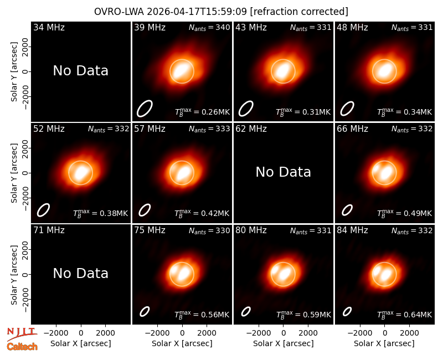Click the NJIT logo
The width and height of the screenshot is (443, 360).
22,333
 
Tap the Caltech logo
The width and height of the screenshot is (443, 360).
22,347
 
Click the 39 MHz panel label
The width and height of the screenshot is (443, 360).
150,27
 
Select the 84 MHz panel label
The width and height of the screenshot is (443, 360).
352,230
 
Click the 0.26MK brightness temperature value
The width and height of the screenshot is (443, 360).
215,112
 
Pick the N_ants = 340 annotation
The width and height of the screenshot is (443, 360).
209,27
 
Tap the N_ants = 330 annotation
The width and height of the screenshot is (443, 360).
209,230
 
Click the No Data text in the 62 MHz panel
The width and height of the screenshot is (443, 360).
283,172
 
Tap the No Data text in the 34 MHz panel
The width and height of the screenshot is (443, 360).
80,71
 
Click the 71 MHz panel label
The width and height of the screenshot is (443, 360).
49,230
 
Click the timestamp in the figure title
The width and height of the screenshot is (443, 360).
197,12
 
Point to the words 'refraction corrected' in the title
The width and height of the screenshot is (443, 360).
299,12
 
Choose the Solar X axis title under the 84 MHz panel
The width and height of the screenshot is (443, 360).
384,343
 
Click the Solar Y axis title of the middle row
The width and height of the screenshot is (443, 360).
14,173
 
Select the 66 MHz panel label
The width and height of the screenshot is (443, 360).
352,129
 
